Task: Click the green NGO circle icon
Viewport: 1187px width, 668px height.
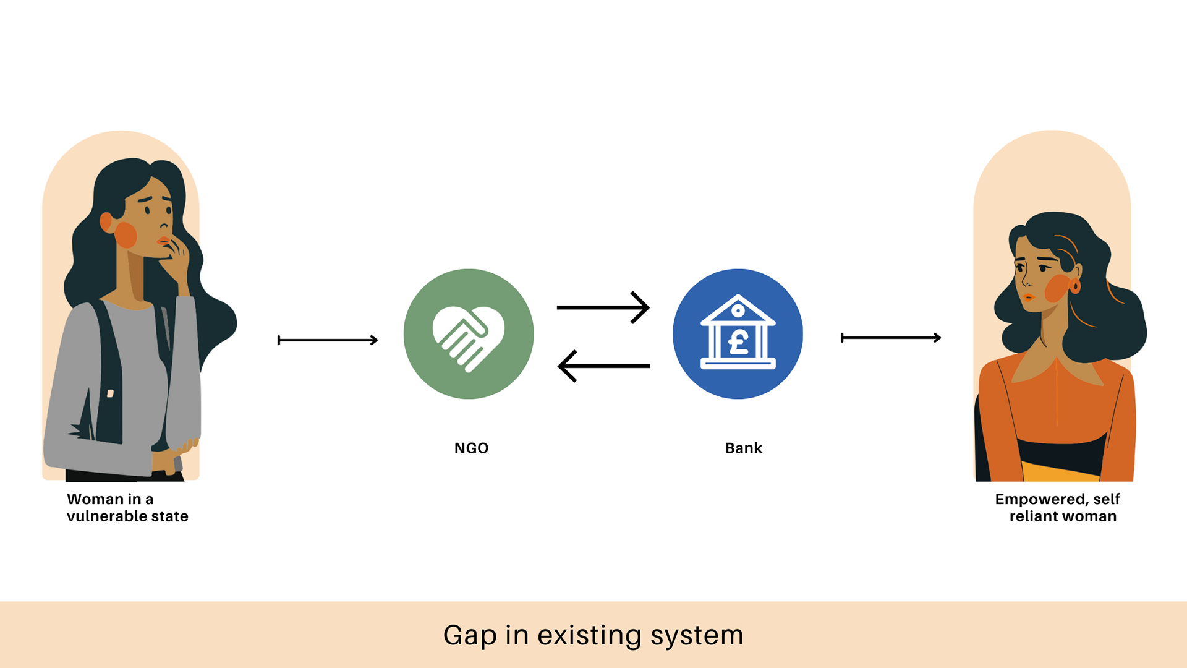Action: pyautogui.click(x=468, y=334)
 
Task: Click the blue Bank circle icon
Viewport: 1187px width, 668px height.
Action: pyautogui.click(x=738, y=334)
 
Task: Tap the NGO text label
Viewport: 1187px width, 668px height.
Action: pyautogui.click(x=471, y=448)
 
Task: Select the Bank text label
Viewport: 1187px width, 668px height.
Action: pyautogui.click(x=743, y=448)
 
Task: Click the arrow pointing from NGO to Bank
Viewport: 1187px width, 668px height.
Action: pyautogui.click(x=603, y=307)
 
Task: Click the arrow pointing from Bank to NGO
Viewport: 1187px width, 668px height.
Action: pyautogui.click(x=603, y=366)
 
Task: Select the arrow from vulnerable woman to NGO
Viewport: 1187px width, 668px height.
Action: pyautogui.click(x=328, y=340)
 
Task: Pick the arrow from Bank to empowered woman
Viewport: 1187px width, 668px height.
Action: pyautogui.click(x=891, y=338)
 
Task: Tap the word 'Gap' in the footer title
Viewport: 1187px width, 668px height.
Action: pyautogui.click(x=470, y=636)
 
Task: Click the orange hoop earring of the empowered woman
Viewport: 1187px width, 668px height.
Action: pyautogui.click(x=1075, y=286)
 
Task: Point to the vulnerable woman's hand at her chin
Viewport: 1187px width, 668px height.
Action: pyautogui.click(x=177, y=257)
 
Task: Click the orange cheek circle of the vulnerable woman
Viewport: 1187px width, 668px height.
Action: pyautogui.click(x=126, y=235)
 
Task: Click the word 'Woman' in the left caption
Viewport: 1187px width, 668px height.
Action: pyautogui.click(x=95, y=499)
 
